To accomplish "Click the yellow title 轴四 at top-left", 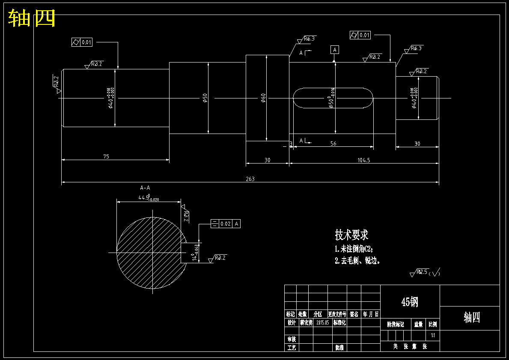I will [32, 18].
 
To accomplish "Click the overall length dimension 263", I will [250, 179].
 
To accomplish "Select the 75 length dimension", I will [106, 157].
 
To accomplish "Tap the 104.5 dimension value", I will [363, 160].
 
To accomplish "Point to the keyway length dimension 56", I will [333, 144].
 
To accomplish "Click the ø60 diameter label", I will [264, 98].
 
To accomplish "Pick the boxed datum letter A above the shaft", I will [335, 50].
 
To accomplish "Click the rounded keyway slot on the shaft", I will [333, 98].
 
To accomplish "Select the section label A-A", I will [145, 187].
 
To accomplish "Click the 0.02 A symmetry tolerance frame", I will [226, 223].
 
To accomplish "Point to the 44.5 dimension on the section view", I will [148, 198].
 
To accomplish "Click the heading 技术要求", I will [351, 235].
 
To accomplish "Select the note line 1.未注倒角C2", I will [354, 249].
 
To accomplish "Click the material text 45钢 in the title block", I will [410, 302].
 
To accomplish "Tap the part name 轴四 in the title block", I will [472, 318].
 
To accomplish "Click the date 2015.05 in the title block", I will [322, 323].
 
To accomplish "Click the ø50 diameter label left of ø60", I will [205, 98].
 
